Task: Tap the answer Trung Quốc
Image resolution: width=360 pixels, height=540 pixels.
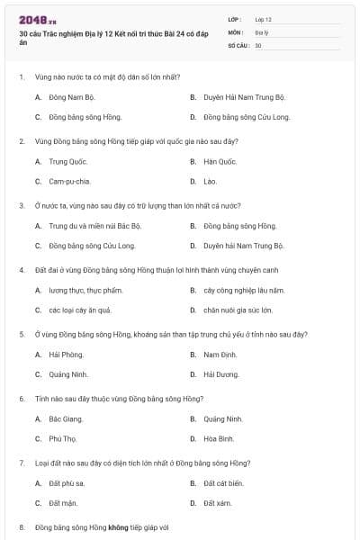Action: (65, 161)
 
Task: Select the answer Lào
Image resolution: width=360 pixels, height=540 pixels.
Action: (210, 181)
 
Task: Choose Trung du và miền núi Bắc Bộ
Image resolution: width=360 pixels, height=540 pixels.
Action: (94, 226)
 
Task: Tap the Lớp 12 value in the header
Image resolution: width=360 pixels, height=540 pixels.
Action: (264, 18)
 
